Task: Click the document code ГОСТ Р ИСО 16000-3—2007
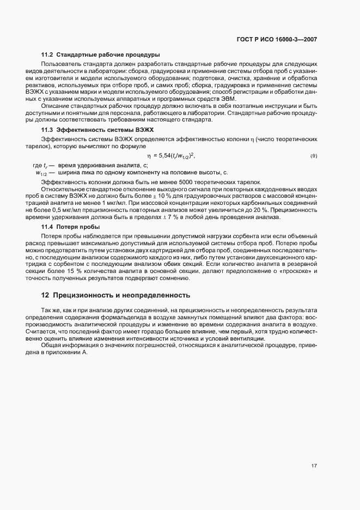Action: tap(284, 39)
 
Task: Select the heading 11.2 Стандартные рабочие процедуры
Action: tap(100, 54)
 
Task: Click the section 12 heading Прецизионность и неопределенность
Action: tap(115, 295)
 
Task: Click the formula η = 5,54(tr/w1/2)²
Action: tap(170, 156)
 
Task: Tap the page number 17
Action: tap(314, 465)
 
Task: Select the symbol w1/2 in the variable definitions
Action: tap(42, 173)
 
